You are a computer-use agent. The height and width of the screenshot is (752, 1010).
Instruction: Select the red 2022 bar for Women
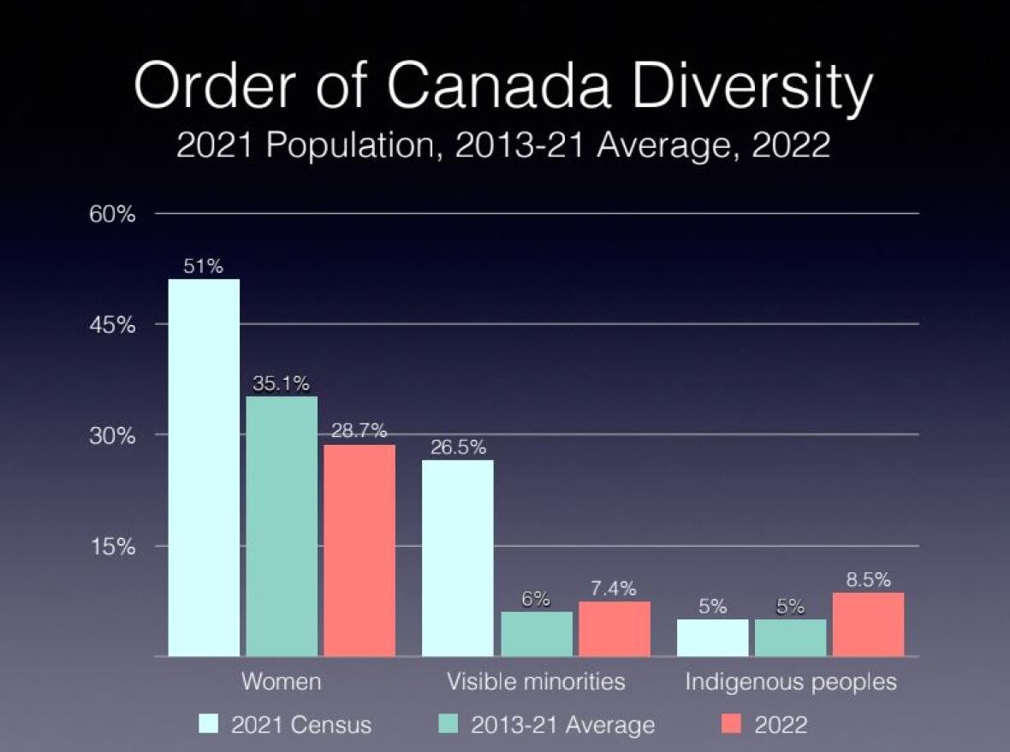(x=359, y=550)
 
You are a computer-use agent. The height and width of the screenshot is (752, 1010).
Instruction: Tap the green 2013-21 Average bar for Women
(x=282, y=526)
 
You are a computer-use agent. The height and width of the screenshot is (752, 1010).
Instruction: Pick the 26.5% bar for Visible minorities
(x=458, y=558)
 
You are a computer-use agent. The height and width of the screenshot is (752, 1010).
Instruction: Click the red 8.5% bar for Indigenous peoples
(x=868, y=625)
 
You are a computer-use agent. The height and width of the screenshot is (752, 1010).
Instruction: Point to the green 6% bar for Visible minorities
(x=537, y=634)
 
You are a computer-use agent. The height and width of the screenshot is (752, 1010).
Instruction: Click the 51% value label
(x=204, y=267)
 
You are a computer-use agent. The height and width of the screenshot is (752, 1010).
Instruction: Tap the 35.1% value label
(x=281, y=383)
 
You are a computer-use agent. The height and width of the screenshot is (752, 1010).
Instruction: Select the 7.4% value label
(x=614, y=589)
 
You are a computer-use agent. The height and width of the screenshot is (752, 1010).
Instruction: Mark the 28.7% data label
(x=359, y=431)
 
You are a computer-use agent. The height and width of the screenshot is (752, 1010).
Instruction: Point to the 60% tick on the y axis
(x=113, y=214)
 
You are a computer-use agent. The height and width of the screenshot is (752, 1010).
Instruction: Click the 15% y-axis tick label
(x=113, y=547)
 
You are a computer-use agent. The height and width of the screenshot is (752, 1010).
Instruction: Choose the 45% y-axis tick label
(x=113, y=325)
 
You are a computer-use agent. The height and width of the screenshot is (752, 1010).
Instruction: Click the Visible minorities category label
(x=536, y=682)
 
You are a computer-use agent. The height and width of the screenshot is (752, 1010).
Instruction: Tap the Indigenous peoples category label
(x=790, y=682)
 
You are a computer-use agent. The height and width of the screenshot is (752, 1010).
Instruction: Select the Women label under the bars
(x=281, y=682)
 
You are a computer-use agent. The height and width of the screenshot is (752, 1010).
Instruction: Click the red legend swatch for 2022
(x=730, y=725)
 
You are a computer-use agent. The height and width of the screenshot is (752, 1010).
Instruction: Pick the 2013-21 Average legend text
(x=562, y=725)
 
